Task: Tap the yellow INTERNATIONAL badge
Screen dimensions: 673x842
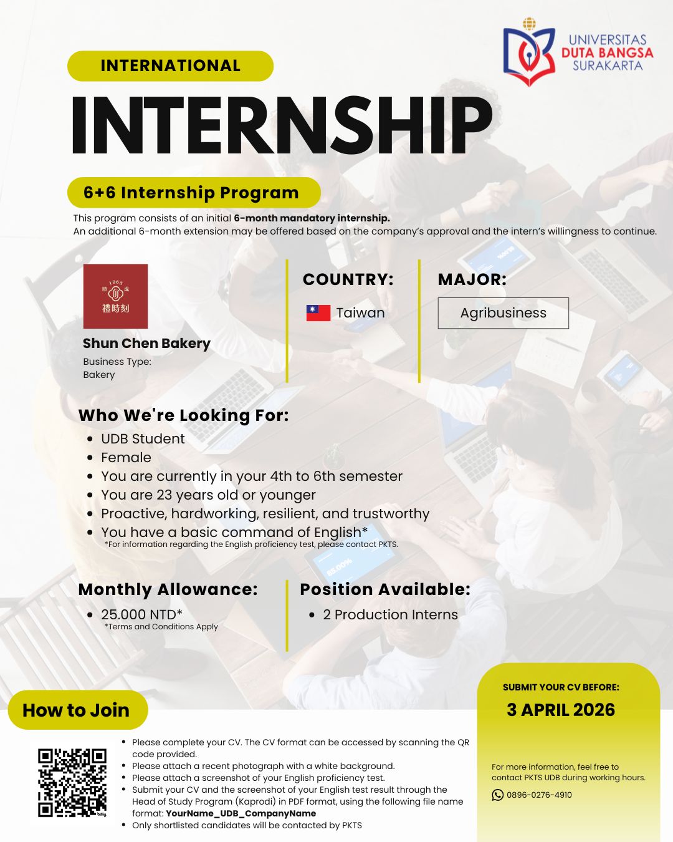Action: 170,65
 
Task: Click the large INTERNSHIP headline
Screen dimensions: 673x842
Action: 281,125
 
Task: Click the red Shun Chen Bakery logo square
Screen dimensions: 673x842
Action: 115,296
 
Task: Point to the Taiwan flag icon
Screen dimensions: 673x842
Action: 318,313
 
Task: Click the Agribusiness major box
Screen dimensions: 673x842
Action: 504,313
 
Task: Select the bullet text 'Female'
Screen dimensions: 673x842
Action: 126,457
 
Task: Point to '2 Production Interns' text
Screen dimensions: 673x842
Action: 390,614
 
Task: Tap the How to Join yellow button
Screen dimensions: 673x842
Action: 78,710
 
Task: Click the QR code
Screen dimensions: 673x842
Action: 72,783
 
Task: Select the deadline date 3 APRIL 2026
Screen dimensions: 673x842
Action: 561,710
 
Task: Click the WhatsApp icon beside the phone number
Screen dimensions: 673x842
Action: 497,795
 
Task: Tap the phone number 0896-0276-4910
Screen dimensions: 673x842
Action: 539,795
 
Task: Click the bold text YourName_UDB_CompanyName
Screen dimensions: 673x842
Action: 241,813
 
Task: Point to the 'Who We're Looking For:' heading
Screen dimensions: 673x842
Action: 183,415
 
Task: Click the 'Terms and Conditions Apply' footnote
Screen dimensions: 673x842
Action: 161,626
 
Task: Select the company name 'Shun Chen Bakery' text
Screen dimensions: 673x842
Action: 146,343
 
